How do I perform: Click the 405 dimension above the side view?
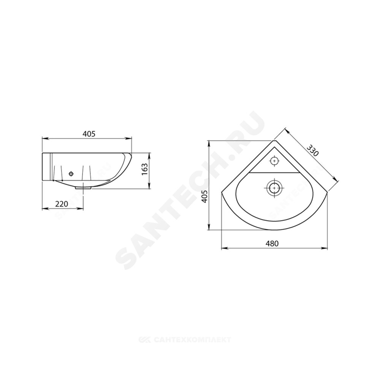click(x=89, y=133)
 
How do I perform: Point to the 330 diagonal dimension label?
click(x=312, y=150)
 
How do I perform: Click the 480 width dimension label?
click(x=272, y=243)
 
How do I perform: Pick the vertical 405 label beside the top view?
click(x=205, y=197)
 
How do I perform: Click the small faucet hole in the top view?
click(x=274, y=161)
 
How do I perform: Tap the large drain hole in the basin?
click(x=274, y=188)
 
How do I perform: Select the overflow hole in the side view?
click(x=71, y=174)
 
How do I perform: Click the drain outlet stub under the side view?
click(x=83, y=188)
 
